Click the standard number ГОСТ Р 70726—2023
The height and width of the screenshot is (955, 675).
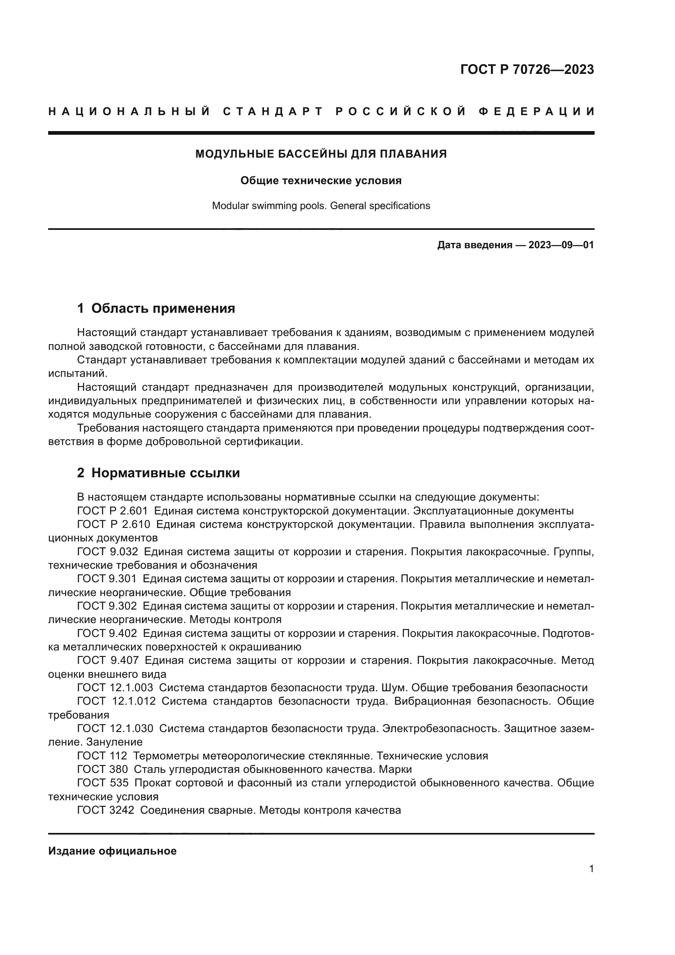click(527, 69)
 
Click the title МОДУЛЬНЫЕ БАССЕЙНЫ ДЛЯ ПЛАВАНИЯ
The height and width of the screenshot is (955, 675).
click(321, 154)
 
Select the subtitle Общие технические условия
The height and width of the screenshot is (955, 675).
click(321, 180)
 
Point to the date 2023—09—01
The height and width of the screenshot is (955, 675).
click(561, 245)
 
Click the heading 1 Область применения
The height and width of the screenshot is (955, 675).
click(156, 308)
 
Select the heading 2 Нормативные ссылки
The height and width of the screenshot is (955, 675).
click(158, 473)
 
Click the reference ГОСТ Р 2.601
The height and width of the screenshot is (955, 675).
click(112, 511)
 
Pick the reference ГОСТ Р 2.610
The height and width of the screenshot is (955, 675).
click(113, 525)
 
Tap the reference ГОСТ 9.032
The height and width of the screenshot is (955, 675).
click(107, 552)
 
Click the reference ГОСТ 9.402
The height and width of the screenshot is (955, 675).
click(107, 634)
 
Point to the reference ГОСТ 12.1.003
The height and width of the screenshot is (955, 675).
click(115, 688)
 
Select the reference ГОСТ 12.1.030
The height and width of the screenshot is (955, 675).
click(115, 729)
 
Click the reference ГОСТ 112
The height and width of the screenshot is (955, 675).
click(102, 756)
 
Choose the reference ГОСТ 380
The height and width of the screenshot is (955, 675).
click(102, 770)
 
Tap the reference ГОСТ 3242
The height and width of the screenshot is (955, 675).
click(106, 810)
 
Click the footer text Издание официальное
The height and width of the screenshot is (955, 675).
click(112, 851)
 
